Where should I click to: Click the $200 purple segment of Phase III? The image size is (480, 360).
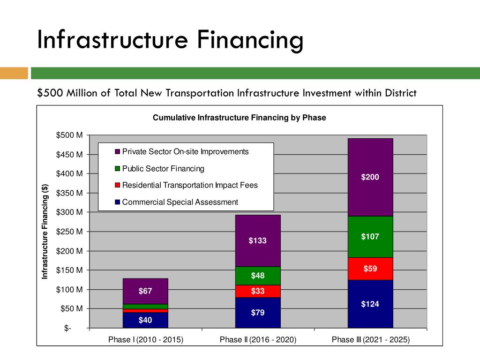click(x=370, y=177)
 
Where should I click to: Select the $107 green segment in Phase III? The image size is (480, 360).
click(x=370, y=237)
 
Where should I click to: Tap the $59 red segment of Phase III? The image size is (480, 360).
click(x=370, y=269)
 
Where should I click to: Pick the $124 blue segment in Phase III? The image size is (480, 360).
click(x=370, y=304)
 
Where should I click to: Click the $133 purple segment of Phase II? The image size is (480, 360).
click(x=257, y=240)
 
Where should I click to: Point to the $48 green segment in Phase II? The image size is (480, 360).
click(x=257, y=276)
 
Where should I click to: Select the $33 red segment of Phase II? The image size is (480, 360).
click(x=257, y=291)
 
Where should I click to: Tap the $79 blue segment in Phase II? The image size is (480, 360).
click(x=257, y=312)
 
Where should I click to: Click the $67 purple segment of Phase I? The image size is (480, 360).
click(x=145, y=291)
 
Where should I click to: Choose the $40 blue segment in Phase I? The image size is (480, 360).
click(x=145, y=320)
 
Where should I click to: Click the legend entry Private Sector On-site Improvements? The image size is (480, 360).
click(x=185, y=152)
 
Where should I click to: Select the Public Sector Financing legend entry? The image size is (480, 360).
click(x=163, y=169)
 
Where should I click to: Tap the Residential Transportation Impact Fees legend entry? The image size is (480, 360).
click(x=189, y=185)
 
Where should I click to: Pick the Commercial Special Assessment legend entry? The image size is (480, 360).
click(x=180, y=202)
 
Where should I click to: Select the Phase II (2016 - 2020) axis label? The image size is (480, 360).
click(x=258, y=340)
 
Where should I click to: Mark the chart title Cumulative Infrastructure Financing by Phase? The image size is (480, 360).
click(x=239, y=118)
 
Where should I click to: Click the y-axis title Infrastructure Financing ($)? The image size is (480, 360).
click(x=45, y=232)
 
